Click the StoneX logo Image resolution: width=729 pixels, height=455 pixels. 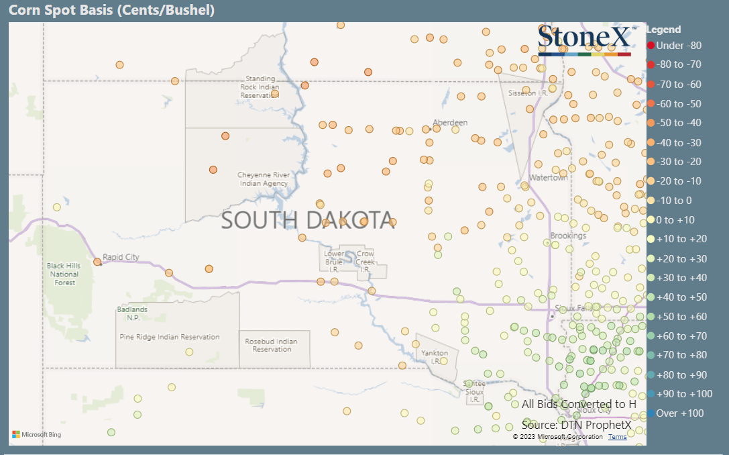pos(584,40)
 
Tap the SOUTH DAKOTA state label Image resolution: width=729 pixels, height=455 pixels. pos(308,220)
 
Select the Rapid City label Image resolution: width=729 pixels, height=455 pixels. pos(121,257)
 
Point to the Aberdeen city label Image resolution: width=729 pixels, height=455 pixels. pos(450,122)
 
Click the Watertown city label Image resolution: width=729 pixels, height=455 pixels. pos(548,178)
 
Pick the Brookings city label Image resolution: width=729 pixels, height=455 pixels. pos(568,236)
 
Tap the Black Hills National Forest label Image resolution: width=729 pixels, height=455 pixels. pos(64,274)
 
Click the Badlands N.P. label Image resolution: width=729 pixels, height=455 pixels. pos(133,313)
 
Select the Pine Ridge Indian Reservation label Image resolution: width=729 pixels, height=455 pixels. pos(169,337)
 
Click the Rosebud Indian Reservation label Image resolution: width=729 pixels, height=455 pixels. pos(272,345)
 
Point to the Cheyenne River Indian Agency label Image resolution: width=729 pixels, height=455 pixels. pos(264,179)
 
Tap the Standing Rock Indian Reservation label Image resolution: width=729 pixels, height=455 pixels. pos(260,87)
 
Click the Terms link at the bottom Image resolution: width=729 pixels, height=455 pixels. pos(618,437)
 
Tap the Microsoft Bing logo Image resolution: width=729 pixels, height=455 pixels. pos(36,435)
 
